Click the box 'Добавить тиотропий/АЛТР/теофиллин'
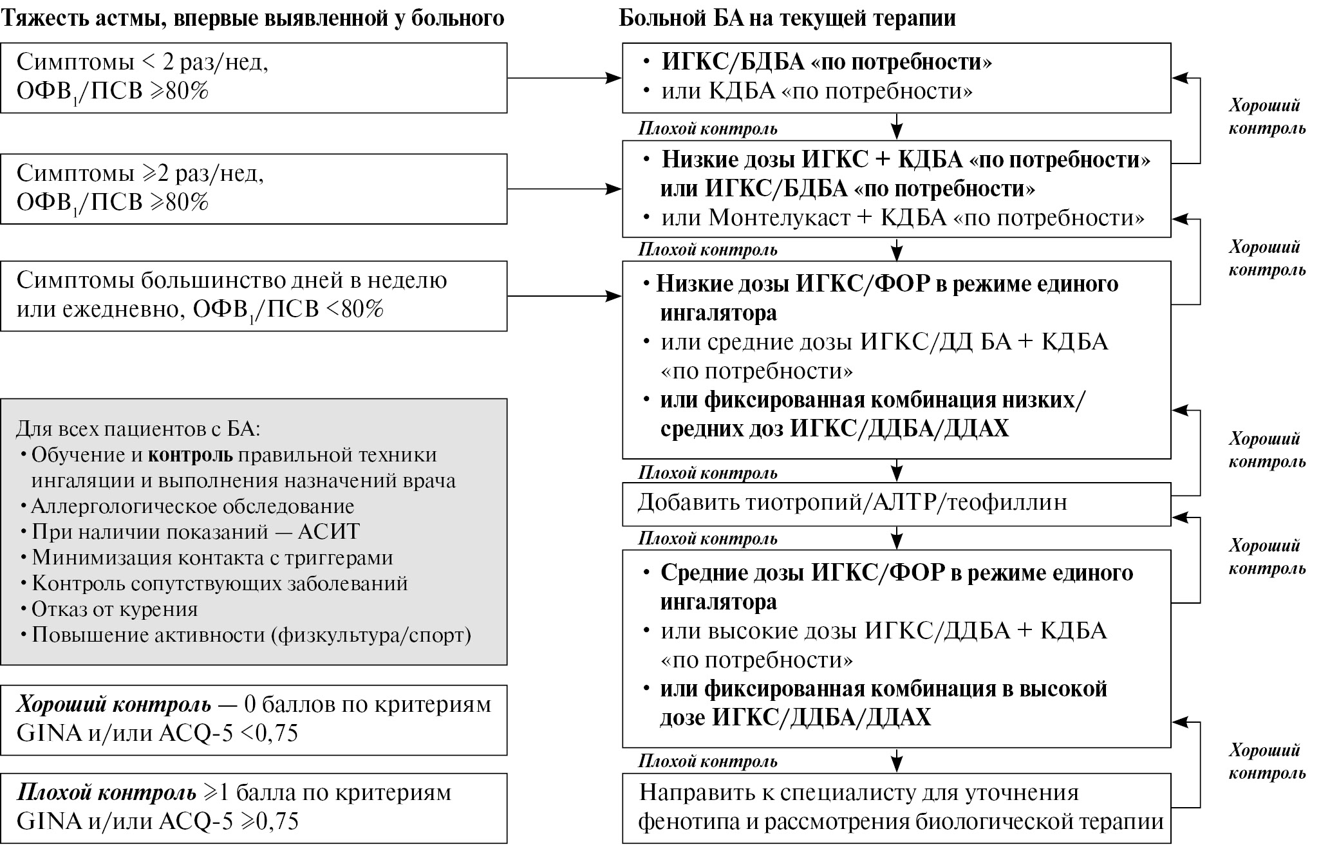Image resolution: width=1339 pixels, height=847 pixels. click(896, 503)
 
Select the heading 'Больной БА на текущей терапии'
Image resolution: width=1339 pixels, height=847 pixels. click(787, 18)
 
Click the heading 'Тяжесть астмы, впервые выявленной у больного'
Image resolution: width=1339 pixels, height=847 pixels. click(252, 18)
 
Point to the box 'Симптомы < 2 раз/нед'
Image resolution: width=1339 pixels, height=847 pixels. click(254, 78)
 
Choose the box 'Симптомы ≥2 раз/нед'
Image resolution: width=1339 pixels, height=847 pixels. click(254, 189)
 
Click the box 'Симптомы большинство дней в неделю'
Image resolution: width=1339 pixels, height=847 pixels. click(254, 295)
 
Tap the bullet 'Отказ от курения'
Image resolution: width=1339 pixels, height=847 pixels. click(115, 609)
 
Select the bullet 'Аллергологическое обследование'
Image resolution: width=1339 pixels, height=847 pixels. click(192, 507)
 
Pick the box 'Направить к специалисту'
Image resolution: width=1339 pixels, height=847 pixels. click(896, 808)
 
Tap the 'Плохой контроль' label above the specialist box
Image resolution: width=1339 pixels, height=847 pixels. click(707, 762)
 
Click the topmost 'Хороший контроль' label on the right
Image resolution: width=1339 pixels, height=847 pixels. click(1266, 116)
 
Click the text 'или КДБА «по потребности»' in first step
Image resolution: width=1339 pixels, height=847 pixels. click(816, 91)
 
